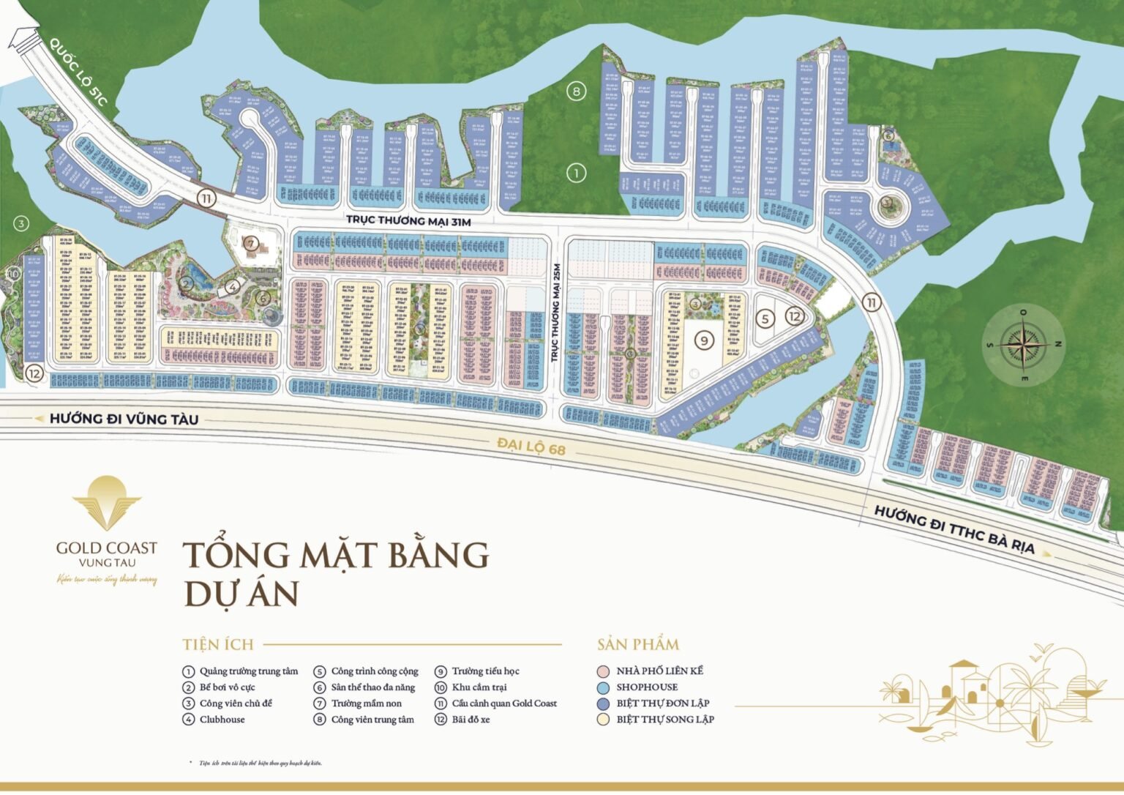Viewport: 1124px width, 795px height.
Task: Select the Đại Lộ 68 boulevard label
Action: (x=531, y=446)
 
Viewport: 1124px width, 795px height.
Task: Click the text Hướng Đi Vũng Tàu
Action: (x=124, y=419)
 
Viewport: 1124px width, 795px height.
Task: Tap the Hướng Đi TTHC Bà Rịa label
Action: (x=954, y=529)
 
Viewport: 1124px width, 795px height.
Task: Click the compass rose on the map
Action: (x=1024, y=342)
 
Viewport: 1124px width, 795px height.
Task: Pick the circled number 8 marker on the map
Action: (x=577, y=92)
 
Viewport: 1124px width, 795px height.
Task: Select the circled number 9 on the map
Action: (x=704, y=340)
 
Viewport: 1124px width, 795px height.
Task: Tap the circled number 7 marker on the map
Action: (x=251, y=244)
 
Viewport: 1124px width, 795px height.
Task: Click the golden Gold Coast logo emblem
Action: (x=107, y=504)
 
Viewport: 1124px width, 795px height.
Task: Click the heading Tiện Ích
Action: (x=218, y=645)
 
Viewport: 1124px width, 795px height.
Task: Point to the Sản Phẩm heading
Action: (x=638, y=645)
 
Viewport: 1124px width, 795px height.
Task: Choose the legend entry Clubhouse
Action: (x=222, y=720)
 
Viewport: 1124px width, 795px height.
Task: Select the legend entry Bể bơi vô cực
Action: (x=227, y=687)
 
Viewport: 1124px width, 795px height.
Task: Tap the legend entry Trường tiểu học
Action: (x=485, y=671)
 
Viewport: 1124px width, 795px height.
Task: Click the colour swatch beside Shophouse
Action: (x=603, y=687)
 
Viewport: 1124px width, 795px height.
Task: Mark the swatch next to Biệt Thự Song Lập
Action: (x=603, y=720)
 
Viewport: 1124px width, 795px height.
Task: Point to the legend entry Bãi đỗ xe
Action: (x=471, y=720)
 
